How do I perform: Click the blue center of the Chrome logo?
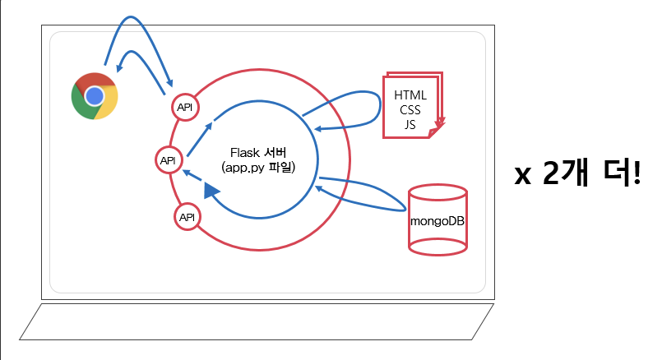pos(94,96)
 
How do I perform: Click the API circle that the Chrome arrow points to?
pos(185,108)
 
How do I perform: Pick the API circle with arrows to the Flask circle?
pos(169,160)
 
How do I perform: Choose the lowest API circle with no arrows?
pos(187,217)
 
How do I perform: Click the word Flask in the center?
pos(247,152)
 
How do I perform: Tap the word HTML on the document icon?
pos(410,95)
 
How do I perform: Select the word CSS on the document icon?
pos(410,109)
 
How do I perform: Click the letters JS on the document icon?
pos(410,124)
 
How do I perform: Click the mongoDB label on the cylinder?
pos(438,221)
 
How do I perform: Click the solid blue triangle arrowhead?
pos(213,191)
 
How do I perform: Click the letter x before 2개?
pos(523,175)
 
